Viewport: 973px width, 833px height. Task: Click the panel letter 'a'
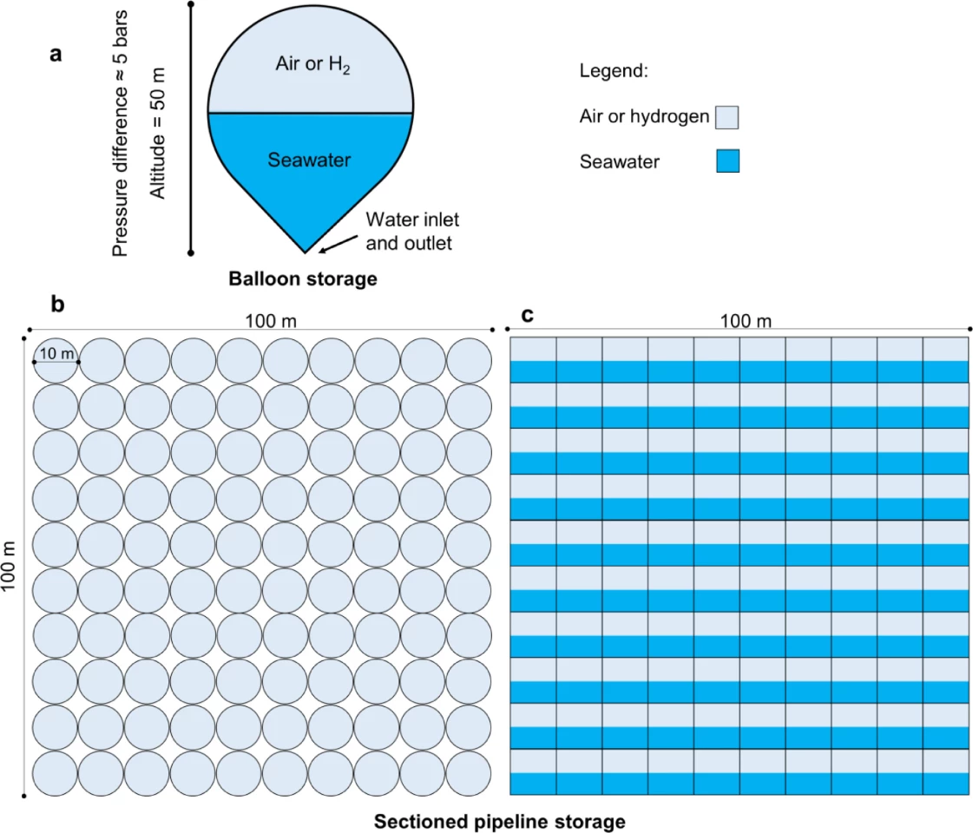pyautogui.click(x=56, y=55)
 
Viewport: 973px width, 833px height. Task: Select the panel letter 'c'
pyautogui.click(x=527, y=315)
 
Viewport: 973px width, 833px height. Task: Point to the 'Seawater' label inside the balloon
pyautogui.click(x=309, y=161)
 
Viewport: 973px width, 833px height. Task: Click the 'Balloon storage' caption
pyautogui.click(x=303, y=279)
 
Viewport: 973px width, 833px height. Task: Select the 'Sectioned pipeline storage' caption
pyautogui.click(x=499, y=820)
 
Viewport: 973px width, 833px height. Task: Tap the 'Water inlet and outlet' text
pyautogui.click(x=409, y=231)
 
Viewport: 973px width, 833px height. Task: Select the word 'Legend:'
pyautogui.click(x=614, y=71)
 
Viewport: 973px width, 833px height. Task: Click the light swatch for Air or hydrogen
pyautogui.click(x=727, y=117)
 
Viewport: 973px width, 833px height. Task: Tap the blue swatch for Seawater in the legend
pyautogui.click(x=727, y=161)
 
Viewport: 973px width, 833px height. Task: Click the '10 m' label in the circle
pyautogui.click(x=57, y=353)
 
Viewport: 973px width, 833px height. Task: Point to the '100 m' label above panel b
pyautogui.click(x=270, y=320)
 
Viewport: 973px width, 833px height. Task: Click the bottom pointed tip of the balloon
pyautogui.click(x=305, y=252)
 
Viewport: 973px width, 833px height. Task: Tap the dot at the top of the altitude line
pyautogui.click(x=191, y=4)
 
